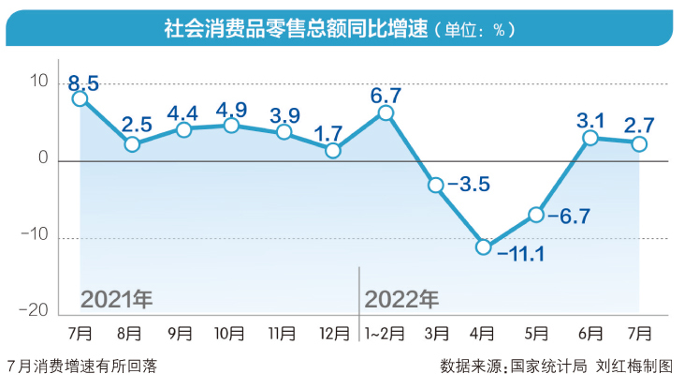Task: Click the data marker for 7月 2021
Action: point(80,98)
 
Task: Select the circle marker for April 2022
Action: point(484,247)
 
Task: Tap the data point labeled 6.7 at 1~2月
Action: point(386,113)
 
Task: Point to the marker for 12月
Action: point(334,150)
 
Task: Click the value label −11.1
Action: point(522,253)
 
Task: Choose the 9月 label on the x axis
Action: point(182,332)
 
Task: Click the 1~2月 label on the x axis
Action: point(384,332)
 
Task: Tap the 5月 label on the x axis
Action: point(535,332)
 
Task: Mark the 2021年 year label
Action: point(116,300)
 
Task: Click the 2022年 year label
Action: point(401,300)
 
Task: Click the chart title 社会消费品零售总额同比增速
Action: point(296,29)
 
